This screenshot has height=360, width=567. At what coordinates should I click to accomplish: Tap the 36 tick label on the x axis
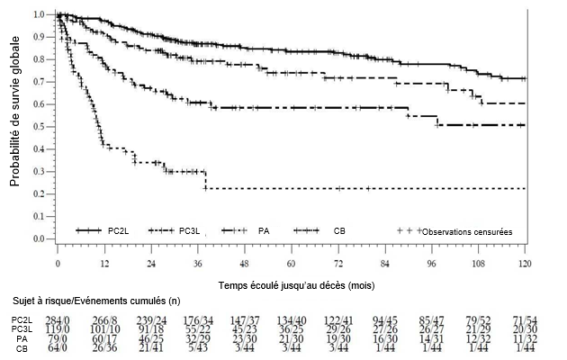(198, 264)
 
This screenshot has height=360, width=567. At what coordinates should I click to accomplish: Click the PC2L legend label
(118, 231)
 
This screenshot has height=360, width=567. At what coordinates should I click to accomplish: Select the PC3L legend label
(190, 231)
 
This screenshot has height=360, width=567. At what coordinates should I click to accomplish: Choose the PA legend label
(263, 231)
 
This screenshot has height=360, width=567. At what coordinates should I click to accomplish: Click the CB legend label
(338, 231)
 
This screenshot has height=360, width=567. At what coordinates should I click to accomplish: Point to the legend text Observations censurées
(466, 231)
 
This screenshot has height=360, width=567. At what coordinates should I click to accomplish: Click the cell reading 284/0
(69, 319)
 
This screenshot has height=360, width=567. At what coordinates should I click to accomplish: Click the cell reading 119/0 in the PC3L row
(69, 328)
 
